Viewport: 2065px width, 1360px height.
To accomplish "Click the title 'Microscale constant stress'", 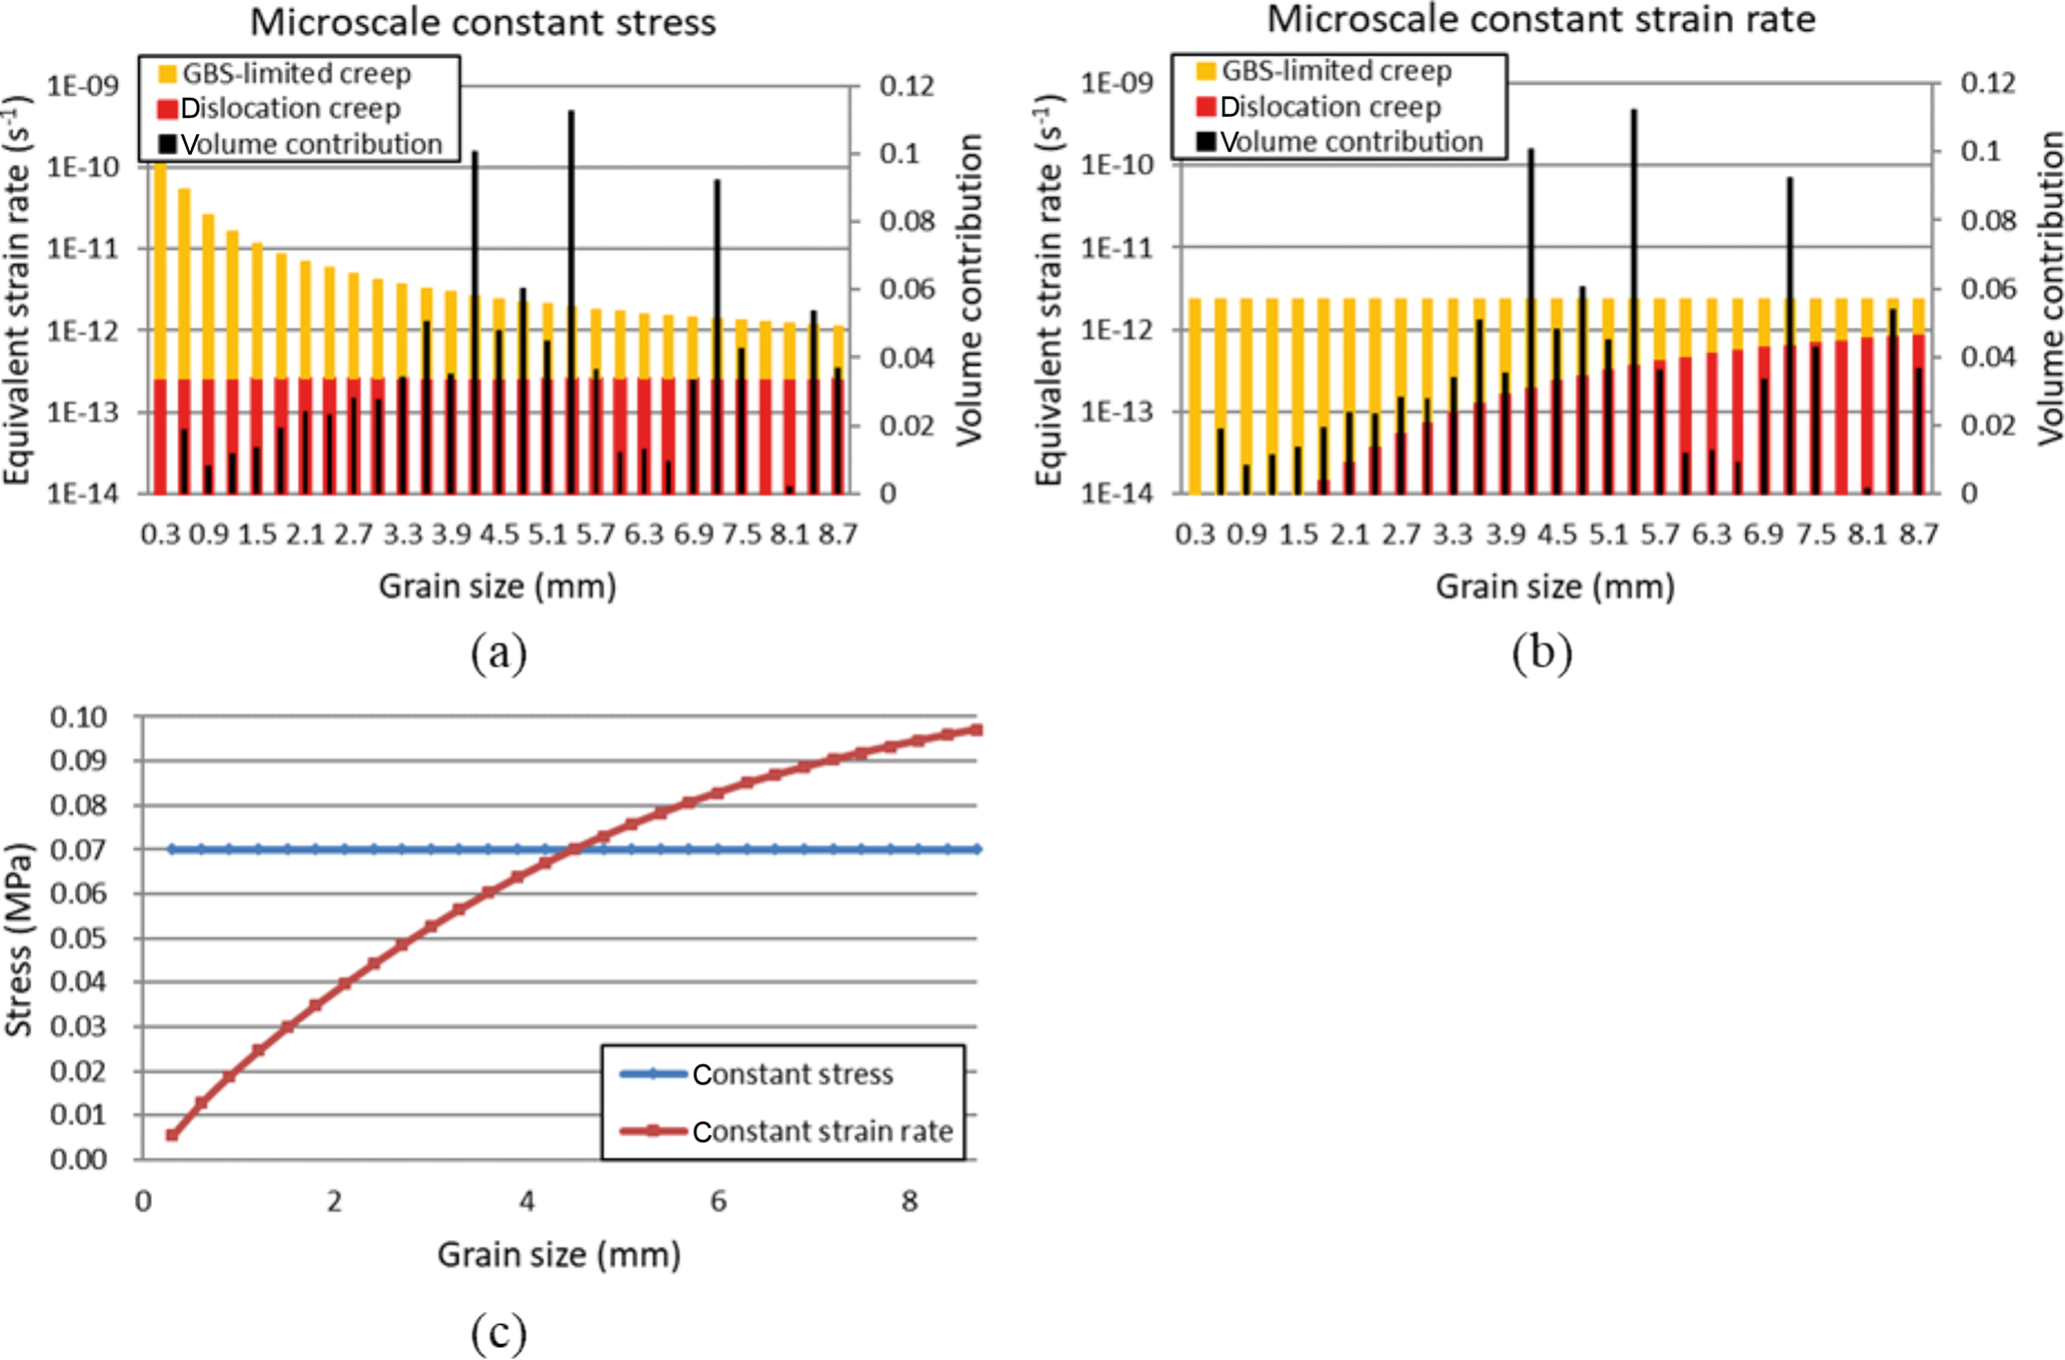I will (x=483, y=22).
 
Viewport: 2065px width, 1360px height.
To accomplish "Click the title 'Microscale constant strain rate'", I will (x=1541, y=19).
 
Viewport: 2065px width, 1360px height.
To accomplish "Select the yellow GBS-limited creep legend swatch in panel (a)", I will (x=168, y=74).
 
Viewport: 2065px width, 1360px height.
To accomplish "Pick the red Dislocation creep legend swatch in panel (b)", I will (x=1205, y=107).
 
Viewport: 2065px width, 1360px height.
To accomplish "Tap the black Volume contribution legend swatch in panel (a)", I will (x=168, y=144).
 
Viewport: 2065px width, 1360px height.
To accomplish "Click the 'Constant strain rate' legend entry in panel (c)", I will (x=822, y=1131).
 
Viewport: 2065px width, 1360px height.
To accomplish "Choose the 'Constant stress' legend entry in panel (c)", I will (x=792, y=1074).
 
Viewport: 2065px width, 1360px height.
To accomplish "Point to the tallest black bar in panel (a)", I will (x=571, y=300).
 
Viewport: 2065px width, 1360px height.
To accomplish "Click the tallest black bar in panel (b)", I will (x=1633, y=300).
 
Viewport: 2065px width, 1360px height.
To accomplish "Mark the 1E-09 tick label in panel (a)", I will (x=83, y=86).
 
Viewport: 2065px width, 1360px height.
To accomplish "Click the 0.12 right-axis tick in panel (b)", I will (x=1988, y=83).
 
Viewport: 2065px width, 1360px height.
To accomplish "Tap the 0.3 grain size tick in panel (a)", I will (x=160, y=535).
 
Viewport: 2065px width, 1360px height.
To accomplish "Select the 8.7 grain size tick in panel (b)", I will (x=1919, y=535).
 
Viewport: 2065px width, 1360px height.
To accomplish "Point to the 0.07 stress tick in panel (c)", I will (x=78, y=849).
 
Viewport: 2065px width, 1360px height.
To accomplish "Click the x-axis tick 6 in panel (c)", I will (x=718, y=1201).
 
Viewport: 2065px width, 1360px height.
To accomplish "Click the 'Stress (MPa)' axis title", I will (x=19, y=939).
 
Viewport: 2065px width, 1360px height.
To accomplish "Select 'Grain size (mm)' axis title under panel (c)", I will (x=559, y=1254).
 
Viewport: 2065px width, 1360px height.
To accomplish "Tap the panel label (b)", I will (x=1541, y=653).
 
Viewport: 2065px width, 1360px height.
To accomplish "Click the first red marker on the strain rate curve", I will (x=172, y=1135).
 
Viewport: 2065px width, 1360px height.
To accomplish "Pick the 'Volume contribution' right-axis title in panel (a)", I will (x=969, y=290).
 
